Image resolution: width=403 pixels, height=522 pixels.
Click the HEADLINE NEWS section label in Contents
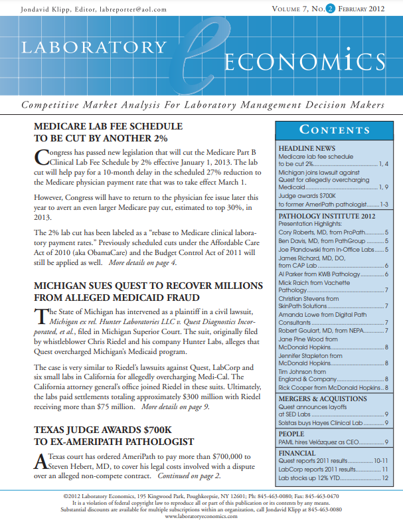(307, 147)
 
